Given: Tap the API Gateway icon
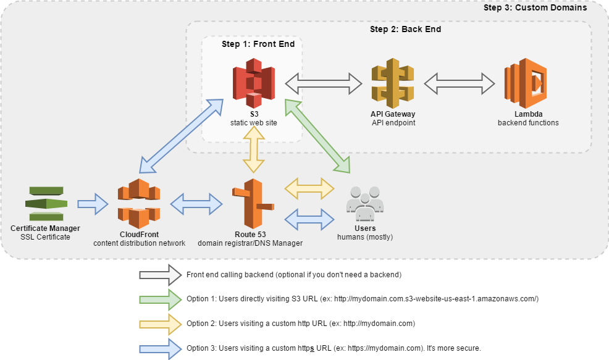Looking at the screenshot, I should click(392, 83).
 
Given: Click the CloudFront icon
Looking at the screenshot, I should click(139, 204).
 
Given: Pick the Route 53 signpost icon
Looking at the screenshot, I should click(252, 204).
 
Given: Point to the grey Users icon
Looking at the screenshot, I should click(364, 203).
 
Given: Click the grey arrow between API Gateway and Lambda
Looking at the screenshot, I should click(460, 83).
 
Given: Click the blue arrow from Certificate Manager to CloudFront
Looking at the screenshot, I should click(92, 204).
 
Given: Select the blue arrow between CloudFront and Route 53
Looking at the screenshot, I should click(196, 204).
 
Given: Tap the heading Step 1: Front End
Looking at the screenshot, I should click(258, 44).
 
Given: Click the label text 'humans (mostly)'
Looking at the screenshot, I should click(364, 237).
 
